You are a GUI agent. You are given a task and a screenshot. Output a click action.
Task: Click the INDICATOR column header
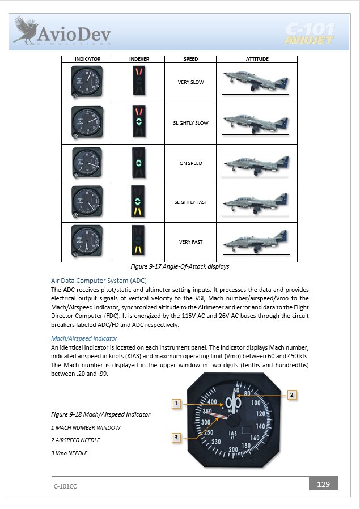tap(87, 59)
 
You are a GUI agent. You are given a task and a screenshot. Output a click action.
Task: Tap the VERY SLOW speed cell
tap(190, 82)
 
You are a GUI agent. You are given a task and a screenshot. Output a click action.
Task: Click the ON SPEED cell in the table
tap(190, 163)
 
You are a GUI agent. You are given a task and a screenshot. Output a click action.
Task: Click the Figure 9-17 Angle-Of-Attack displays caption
tap(180, 266)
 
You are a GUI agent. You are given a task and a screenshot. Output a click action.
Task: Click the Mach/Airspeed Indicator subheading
tap(84, 338)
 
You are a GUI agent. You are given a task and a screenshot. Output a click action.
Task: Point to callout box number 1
tap(177, 404)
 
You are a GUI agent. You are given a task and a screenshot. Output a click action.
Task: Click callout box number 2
tap(291, 395)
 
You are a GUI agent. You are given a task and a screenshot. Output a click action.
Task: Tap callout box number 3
tap(177, 437)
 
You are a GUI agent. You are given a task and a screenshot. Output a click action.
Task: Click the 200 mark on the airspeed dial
tap(233, 449)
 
